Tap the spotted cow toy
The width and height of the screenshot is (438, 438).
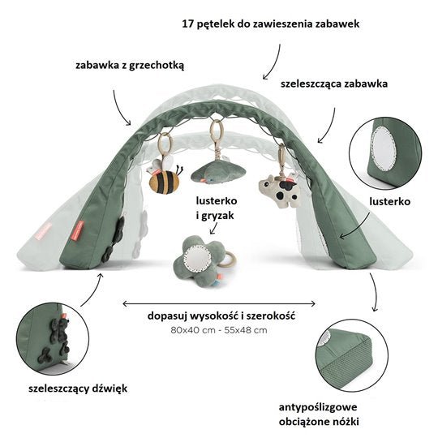point(280,191)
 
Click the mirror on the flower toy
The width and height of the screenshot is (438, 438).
point(197,257)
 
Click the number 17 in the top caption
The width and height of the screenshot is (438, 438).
point(187,24)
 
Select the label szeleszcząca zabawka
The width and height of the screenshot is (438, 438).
point(334,84)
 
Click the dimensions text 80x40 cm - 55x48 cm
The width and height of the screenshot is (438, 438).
point(219,330)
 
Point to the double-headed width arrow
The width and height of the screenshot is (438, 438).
point(219,303)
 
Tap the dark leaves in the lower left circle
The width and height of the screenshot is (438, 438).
point(58,340)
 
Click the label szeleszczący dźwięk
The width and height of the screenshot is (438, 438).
point(78,389)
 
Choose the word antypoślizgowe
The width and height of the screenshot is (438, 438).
point(318,407)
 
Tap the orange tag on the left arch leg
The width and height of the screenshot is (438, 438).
point(79,231)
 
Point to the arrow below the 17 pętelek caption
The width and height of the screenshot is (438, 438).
point(273,62)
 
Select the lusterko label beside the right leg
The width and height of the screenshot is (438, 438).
point(390,201)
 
